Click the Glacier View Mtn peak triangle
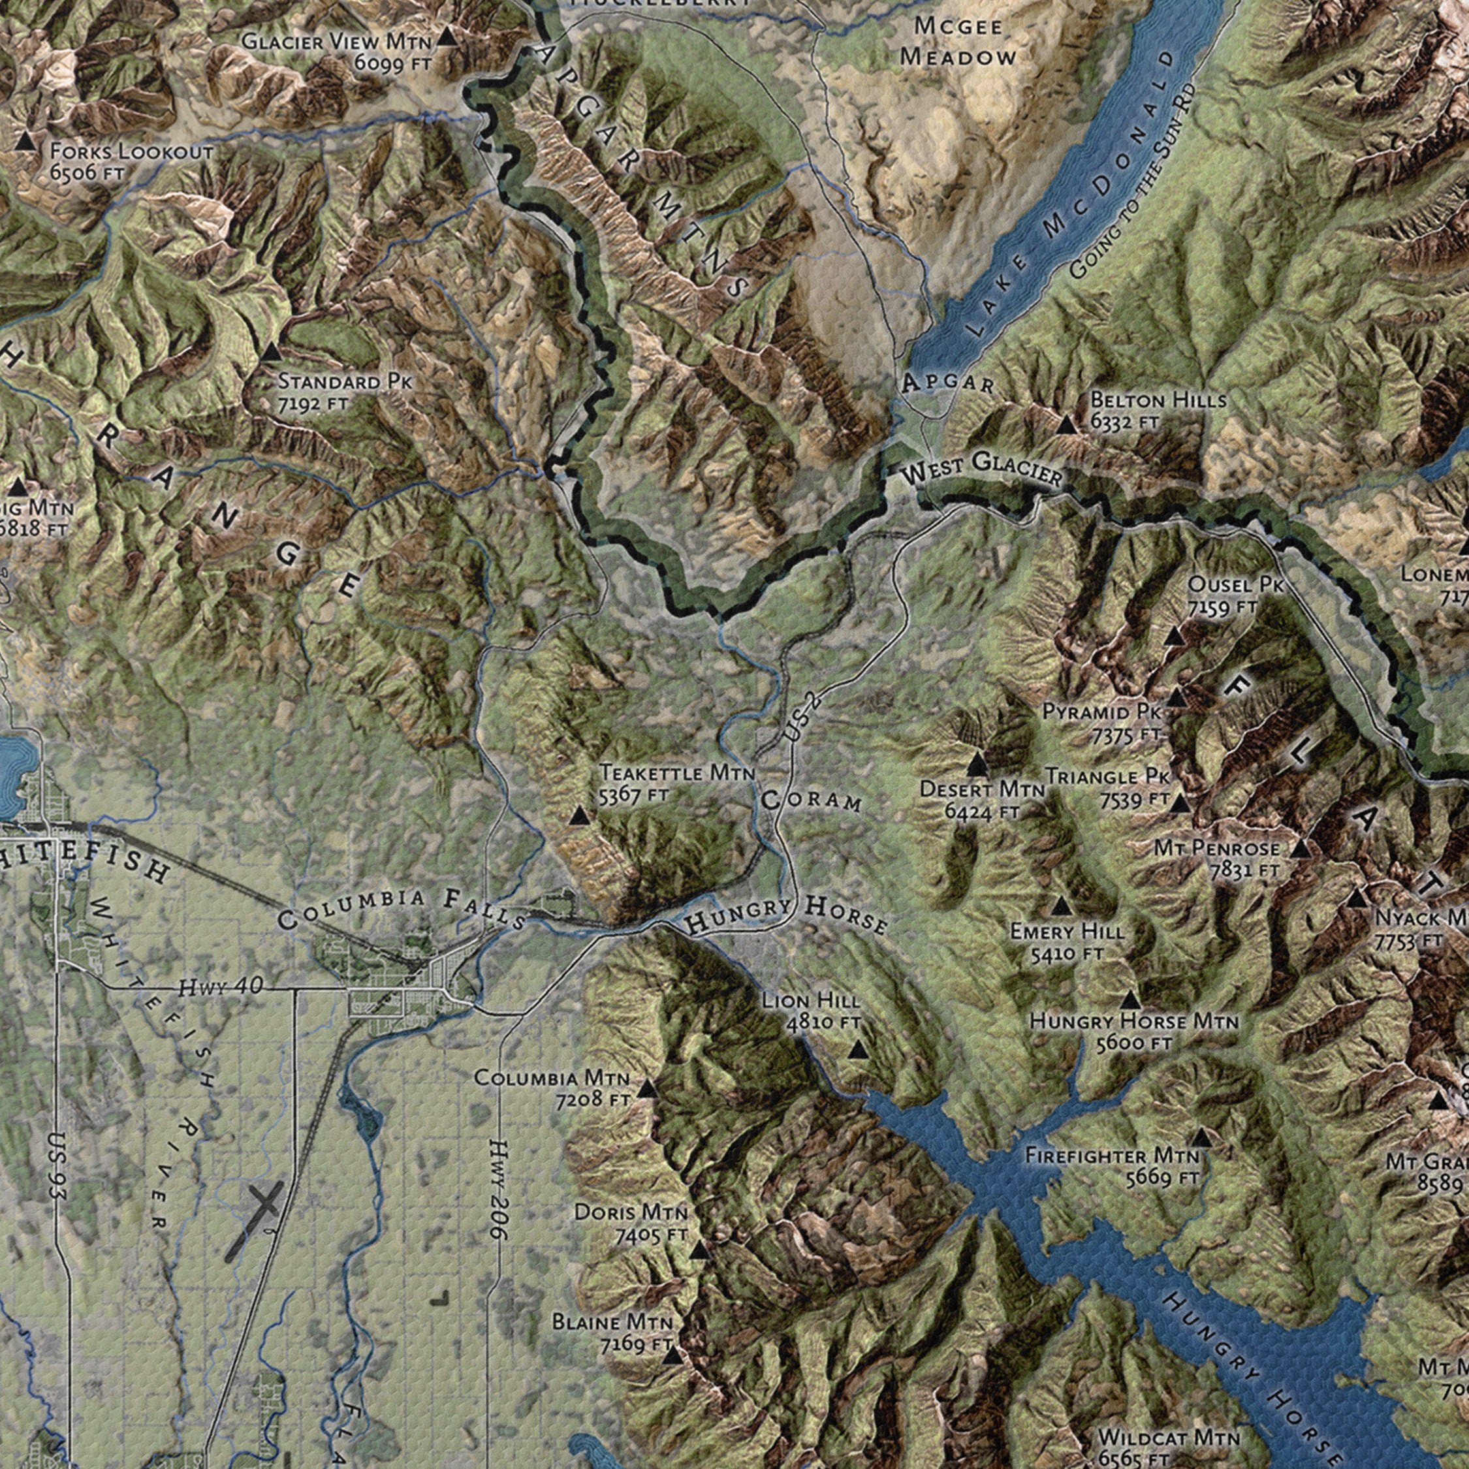449,36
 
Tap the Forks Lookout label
131,161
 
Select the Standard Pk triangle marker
271,351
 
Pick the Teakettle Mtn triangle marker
579,817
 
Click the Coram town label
810,800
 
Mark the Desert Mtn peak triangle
978,761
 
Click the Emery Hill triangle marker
1062,906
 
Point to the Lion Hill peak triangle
857,1050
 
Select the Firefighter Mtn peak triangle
1201,1138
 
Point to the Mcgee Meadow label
958,41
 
